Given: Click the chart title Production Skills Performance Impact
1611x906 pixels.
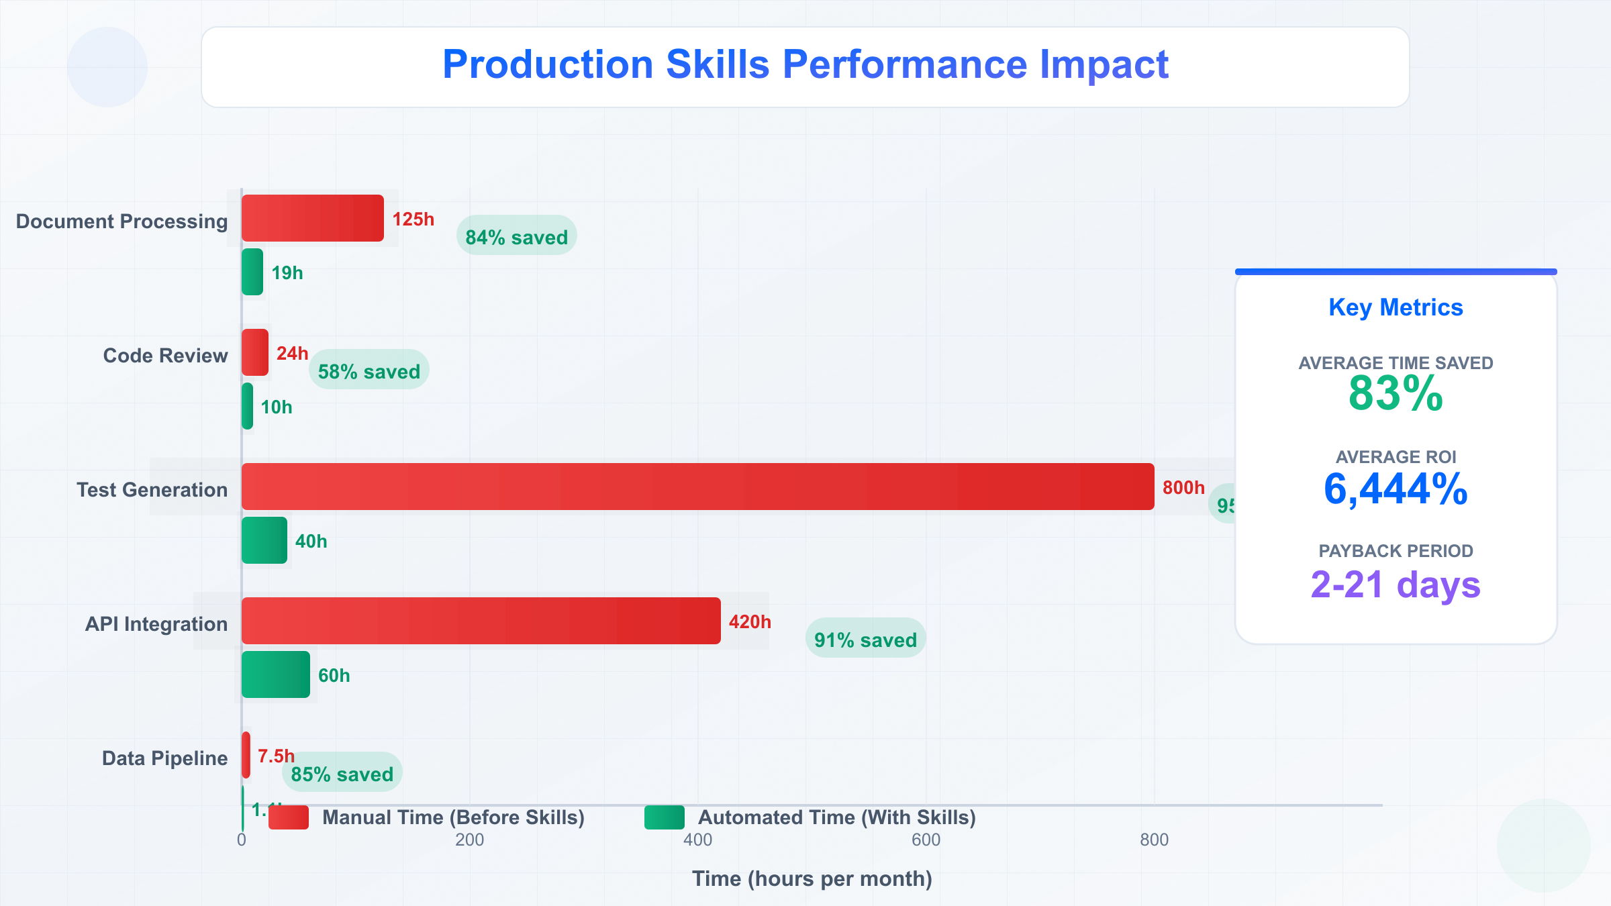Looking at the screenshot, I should [x=805, y=65].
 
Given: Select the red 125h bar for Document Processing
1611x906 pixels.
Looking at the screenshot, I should [x=312, y=218].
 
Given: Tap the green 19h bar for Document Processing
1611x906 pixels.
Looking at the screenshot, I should [x=252, y=272].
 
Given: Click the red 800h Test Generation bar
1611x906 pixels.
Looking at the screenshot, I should [x=697, y=487].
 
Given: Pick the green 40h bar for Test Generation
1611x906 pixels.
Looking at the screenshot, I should [x=264, y=540].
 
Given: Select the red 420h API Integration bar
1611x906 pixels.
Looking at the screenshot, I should [x=481, y=621].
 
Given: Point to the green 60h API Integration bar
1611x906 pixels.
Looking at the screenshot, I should [x=275, y=674].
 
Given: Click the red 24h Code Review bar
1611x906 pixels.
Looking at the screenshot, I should [x=254, y=352].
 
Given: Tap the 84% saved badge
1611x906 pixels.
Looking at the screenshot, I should [x=516, y=236].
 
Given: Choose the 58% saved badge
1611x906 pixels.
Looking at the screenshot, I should [x=369, y=370].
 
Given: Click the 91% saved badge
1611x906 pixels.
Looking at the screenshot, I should [x=865, y=638].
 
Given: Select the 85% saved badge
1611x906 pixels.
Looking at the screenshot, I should [x=342, y=772].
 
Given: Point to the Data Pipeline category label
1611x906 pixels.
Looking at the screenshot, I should [x=164, y=758].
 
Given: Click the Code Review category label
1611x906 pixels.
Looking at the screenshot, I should [x=165, y=356].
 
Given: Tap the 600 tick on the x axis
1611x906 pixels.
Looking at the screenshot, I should [x=926, y=840].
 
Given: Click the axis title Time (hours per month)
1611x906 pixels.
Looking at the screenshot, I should [x=812, y=878].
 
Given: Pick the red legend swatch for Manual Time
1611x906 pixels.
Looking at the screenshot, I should [x=289, y=817].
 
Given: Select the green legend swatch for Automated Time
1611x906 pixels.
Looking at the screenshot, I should [x=664, y=817].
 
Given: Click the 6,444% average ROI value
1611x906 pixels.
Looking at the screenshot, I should [x=1396, y=489].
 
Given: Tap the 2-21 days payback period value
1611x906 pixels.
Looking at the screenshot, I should [x=1396, y=585].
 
